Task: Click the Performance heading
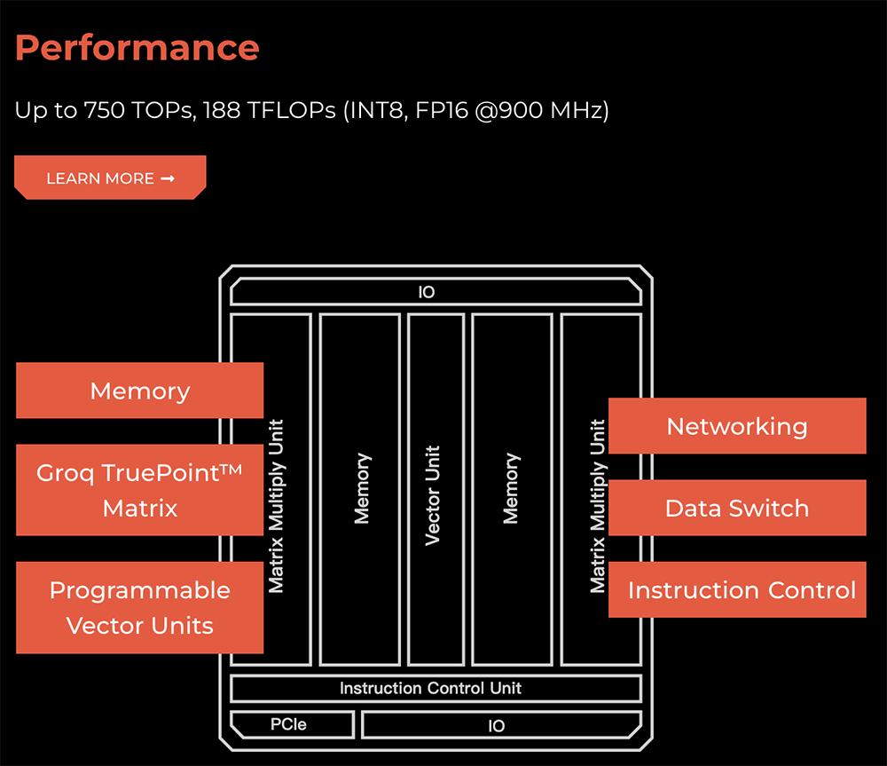point(137,47)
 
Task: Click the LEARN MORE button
point(110,178)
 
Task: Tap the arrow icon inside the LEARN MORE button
point(168,178)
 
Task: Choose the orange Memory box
point(139,391)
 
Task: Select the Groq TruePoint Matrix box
point(139,490)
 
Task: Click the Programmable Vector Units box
point(139,607)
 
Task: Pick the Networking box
point(737,426)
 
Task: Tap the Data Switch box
point(737,508)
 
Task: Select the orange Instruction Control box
point(737,589)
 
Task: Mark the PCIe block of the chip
point(288,724)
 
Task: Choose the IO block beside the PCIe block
point(497,725)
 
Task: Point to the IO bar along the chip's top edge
point(428,292)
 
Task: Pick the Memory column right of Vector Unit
point(511,488)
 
